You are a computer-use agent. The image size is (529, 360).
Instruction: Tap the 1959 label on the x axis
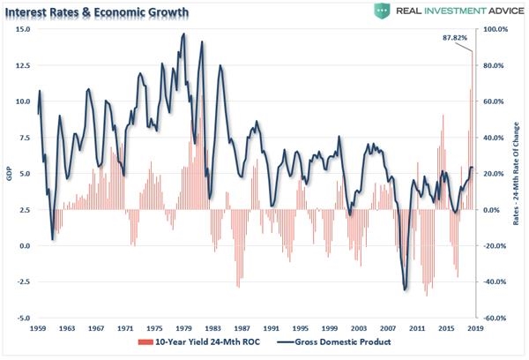pyautogui.click(x=38, y=327)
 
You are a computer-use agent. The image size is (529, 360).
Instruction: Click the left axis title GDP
pyautogui.click(x=8, y=174)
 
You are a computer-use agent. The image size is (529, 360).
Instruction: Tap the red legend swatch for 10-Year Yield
pyautogui.click(x=141, y=340)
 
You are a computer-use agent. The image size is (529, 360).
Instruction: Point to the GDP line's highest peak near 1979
pyautogui.click(x=183, y=34)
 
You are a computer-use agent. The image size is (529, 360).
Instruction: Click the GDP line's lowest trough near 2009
pyautogui.click(x=405, y=289)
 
